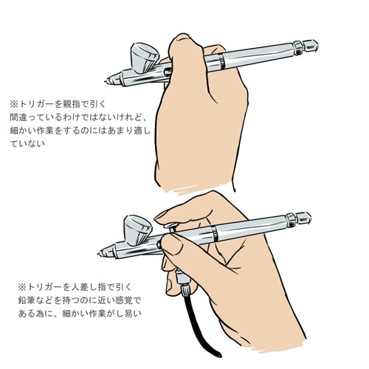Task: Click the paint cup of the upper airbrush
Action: pyautogui.click(x=144, y=58)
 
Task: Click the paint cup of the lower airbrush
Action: pyautogui.click(x=138, y=230)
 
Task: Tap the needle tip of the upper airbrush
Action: pyautogui.click(x=106, y=81)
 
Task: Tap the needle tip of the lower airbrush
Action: pyautogui.click(x=100, y=253)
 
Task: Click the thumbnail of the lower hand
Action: pyautogui.click(x=173, y=244)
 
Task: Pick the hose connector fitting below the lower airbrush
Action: pyautogui.click(x=183, y=283)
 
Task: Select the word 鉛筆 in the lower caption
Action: pyautogui.click(x=27, y=300)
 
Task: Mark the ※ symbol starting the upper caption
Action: pyautogui.click(x=14, y=104)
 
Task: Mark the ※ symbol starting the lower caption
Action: pyautogui.click(x=22, y=287)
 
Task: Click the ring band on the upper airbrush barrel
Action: pyautogui.click(x=221, y=61)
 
